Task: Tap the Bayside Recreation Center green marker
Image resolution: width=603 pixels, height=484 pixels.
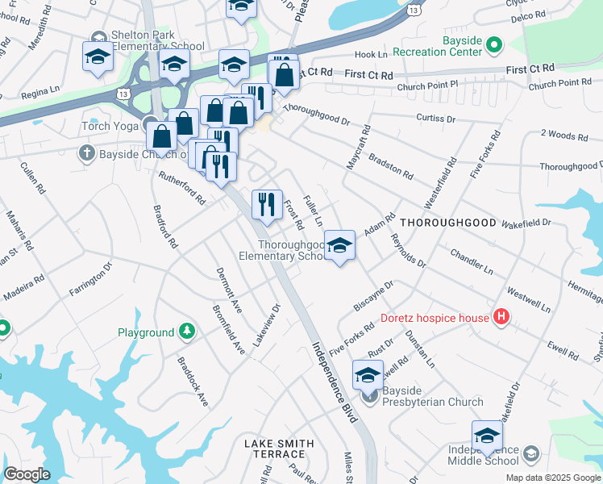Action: coord(495,46)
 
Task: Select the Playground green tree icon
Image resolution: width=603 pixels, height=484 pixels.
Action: coord(187,332)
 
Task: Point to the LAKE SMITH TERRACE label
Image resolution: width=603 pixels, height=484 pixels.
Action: coord(280,449)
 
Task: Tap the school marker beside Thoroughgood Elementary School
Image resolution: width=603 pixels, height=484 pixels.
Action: coord(340,246)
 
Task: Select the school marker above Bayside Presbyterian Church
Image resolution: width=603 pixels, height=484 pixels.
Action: coord(368,376)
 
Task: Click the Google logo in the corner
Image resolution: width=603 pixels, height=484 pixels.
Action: coord(27,474)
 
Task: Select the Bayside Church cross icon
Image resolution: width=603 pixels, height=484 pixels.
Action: coord(84,152)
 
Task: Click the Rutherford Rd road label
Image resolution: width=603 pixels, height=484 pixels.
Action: coord(182,186)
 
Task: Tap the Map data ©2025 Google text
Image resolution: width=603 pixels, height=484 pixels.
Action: coord(552,478)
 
